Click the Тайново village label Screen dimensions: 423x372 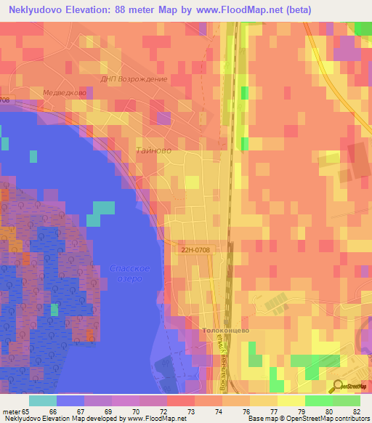[153, 150]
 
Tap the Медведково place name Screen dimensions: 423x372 [65, 93]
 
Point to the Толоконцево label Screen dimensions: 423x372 [226, 330]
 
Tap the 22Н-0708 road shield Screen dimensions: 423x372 [195, 249]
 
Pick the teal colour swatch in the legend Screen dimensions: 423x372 [43, 400]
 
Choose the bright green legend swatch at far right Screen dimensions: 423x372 [346, 400]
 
